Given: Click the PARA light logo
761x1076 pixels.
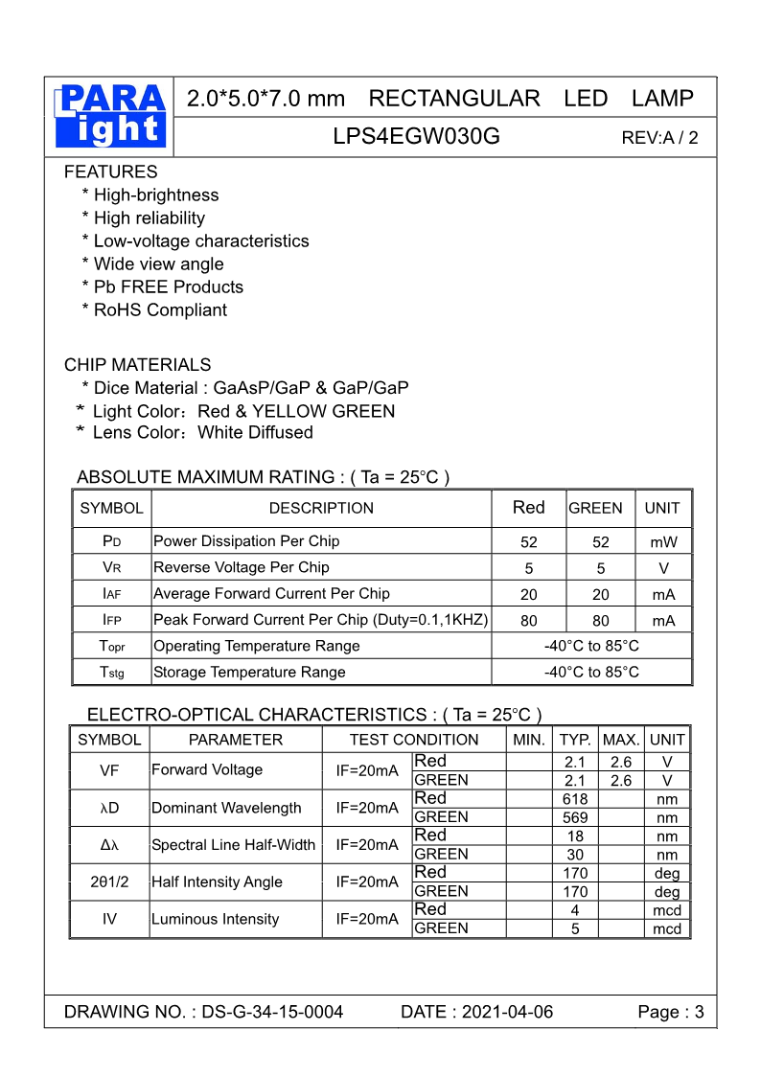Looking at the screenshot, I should point(111,116).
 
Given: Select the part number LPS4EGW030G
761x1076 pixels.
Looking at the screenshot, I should point(416,136).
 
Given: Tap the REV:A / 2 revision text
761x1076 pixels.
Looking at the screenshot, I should point(659,137).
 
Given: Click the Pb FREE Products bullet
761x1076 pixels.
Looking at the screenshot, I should point(163,286).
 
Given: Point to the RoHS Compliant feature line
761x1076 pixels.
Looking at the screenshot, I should point(155,309).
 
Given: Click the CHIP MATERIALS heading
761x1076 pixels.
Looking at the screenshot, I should point(137,365).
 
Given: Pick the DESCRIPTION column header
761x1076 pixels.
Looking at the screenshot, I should point(321,508).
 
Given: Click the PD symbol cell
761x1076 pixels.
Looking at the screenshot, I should point(111,541).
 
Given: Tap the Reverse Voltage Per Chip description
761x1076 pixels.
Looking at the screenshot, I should point(242,567).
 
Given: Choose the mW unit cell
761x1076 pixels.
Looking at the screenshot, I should point(663,541).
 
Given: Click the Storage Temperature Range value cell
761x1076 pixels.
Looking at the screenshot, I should point(591,672).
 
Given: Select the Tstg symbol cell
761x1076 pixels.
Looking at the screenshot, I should point(111,672).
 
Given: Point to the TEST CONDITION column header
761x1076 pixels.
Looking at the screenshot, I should point(414,740).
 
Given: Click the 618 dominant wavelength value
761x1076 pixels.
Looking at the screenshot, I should point(575,799).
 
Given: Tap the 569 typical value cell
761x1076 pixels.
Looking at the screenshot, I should point(575,817).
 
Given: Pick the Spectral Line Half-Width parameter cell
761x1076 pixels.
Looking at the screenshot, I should point(234,845).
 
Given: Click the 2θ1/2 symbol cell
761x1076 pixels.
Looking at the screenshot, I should point(109,881).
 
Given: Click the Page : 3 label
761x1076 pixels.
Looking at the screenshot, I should point(671,1012).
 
